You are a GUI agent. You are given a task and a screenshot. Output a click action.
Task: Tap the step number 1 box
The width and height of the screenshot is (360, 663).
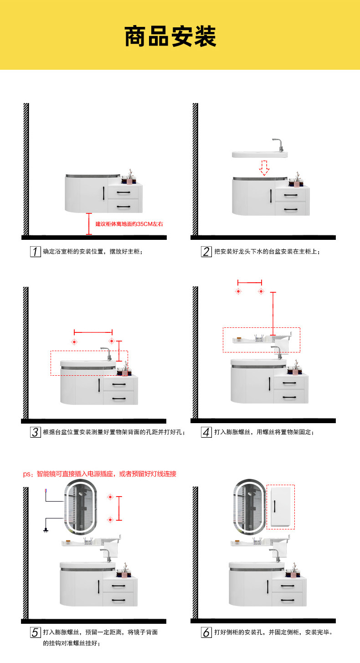(x=35, y=251)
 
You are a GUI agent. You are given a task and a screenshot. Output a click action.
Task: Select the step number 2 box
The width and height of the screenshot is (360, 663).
(x=206, y=251)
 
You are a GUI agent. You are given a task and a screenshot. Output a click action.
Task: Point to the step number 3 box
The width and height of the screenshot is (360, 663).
(x=35, y=432)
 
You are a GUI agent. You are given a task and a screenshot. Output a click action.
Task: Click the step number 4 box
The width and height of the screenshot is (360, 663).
(x=206, y=432)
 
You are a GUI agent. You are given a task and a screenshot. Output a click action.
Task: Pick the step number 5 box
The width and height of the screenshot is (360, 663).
(x=35, y=632)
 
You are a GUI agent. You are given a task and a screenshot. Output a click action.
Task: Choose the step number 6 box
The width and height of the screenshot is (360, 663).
(x=206, y=632)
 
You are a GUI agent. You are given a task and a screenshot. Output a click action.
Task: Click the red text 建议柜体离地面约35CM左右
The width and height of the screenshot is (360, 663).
(x=129, y=224)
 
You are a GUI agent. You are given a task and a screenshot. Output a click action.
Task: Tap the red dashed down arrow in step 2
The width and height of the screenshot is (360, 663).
(x=264, y=167)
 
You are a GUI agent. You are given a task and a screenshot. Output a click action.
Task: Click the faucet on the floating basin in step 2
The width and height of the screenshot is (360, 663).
(x=278, y=145)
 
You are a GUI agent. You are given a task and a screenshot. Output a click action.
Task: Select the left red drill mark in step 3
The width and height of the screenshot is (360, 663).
(x=74, y=342)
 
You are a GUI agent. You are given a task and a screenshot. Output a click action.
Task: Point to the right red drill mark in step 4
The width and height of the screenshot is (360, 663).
(x=261, y=291)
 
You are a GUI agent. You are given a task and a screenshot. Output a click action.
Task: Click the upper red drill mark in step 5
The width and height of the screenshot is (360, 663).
(x=110, y=497)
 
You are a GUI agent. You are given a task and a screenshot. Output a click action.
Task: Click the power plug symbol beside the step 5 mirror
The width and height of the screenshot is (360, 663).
(x=46, y=529)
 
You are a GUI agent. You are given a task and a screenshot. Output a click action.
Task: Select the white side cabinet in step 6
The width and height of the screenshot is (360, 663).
(x=280, y=506)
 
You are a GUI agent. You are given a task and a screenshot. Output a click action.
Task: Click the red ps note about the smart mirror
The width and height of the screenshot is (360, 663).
(x=100, y=474)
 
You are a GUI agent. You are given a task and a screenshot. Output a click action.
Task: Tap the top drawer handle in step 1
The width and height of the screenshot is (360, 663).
(x=123, y=193)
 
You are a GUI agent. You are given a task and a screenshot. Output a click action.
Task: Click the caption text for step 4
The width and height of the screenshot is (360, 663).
(x=264, y=432)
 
